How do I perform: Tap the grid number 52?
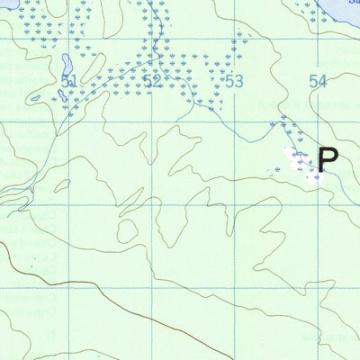click(x=151, y=82)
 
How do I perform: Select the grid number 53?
click(x=234, y=82)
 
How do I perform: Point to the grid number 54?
click(x=317, y=82)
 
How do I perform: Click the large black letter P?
click(x=328, y=160)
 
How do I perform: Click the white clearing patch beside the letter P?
click(x=302, y=162)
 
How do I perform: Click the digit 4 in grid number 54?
click(x=322, y=82)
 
